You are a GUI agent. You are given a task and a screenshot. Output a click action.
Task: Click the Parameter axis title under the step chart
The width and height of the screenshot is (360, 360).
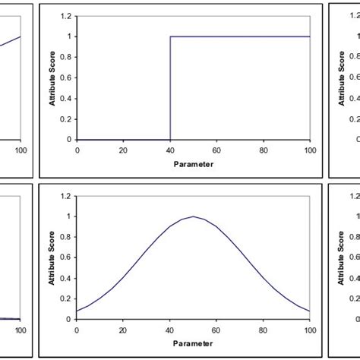(193, 163)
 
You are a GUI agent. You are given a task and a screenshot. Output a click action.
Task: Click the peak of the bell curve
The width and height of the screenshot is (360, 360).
(194, 216)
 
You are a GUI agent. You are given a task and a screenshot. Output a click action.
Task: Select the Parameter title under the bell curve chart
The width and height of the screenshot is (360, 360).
(193, 343)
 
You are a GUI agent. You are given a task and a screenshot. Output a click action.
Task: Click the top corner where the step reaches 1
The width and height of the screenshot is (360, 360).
(170, 36)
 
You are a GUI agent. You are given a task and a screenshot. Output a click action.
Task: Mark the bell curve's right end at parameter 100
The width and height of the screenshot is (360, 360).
(309, 311)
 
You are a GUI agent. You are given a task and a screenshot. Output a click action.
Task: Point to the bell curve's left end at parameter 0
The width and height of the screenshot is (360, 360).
(77, 311)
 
